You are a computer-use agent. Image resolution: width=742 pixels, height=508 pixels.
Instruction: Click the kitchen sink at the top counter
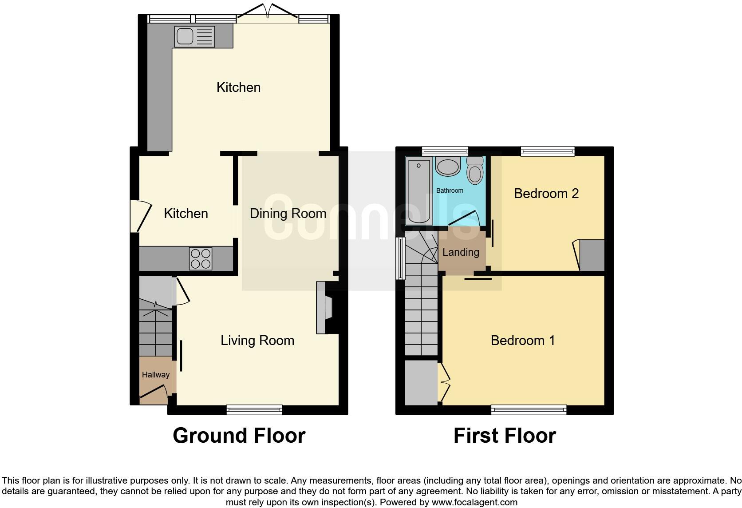pos(194,36)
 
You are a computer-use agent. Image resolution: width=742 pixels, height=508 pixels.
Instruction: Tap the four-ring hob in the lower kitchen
pos(201,258)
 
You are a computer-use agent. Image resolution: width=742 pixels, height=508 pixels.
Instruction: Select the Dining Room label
pos(288,214)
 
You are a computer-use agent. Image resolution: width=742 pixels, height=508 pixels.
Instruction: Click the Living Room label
pos(257,341)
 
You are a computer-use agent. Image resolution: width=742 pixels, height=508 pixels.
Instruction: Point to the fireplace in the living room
pos(325,307)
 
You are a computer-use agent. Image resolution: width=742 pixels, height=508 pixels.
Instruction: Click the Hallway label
pos(155,375)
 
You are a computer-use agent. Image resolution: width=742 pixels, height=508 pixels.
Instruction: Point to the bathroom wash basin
pos(448,167)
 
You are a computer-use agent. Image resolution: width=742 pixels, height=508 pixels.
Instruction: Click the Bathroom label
pos(450,190)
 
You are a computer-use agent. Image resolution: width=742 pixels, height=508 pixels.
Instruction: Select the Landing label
pos(461,252)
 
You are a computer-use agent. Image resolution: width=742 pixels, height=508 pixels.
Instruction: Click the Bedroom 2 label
pos(546,194)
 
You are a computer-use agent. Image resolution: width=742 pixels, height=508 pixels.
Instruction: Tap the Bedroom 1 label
pos(523,341)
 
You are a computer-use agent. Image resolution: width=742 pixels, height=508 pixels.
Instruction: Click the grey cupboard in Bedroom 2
pos(592,255)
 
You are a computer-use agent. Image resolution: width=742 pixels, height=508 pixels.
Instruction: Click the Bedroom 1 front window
pos(529,409)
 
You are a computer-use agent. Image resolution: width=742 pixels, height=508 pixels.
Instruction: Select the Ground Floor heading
pos(239,436)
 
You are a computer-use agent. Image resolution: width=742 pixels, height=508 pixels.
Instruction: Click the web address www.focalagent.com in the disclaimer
pos(474,502)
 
